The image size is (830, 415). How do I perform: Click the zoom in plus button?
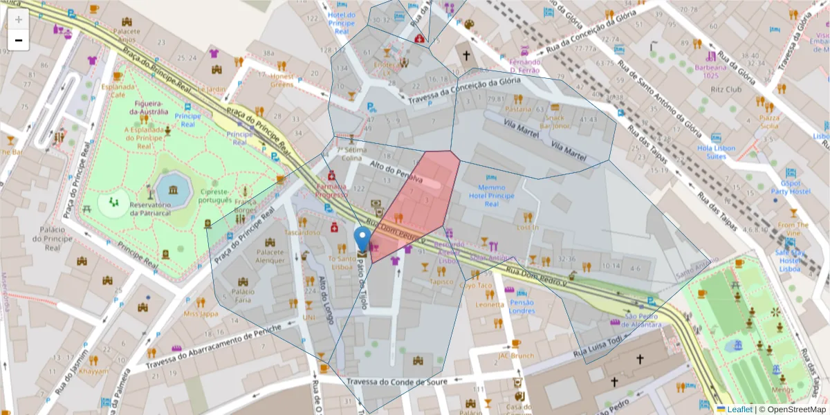[19, 19]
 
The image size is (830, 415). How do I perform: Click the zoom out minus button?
[19, 40]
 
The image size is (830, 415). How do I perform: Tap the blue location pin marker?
[362, 239]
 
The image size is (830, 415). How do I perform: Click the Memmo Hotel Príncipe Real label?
[491, 196]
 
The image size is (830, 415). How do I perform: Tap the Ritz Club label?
[725, 90]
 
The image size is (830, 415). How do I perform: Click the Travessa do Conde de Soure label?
[397, 382]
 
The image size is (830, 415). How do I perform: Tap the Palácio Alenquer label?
[270, 256]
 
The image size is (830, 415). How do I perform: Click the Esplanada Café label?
[118, 91]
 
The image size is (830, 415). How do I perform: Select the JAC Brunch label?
[516, 356]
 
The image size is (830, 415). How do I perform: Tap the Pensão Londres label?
[522, 306]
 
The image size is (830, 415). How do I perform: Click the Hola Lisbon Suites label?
[716, 152]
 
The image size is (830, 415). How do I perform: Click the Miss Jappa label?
[201, 313]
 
